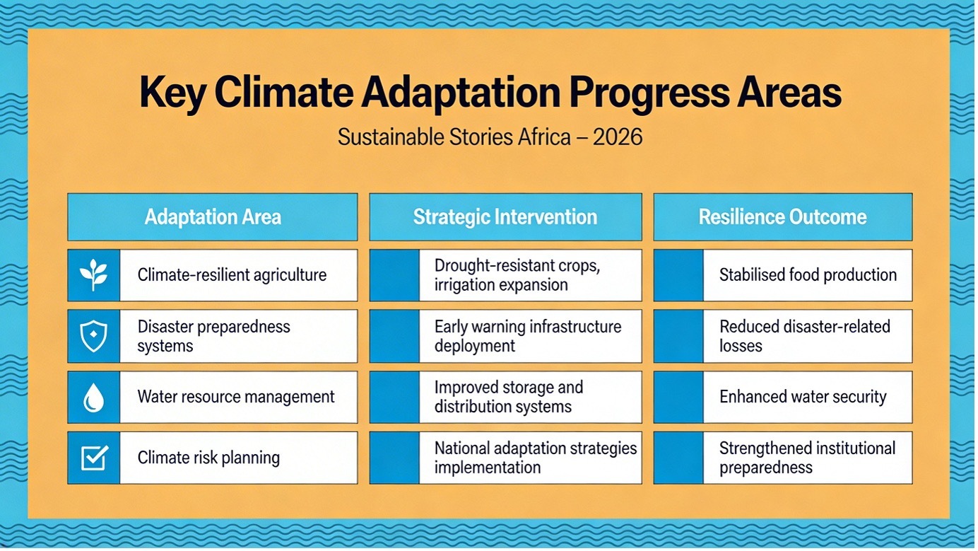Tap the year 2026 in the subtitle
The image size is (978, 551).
click(x=618, y=137)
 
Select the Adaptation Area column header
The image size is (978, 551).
click(x=213, y=217)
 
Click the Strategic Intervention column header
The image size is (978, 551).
click(x=505, y=217)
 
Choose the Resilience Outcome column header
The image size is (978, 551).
click(x=782, y=217)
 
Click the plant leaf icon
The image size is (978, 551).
click(x=93, y=275)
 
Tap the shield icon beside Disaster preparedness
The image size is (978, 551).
click(x=93, y=336)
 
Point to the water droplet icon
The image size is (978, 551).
click(x=93, y=398)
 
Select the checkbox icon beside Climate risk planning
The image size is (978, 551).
click(x=95, y=458)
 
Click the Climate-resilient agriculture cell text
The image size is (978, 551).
click(x=232, y=275)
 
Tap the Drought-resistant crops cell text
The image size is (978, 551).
click(x=517, y=275)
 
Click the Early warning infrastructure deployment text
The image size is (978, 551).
click(x=527, y=336)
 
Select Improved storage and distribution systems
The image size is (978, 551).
click(x=509, y=397)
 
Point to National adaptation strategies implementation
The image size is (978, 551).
click(x=535, y=458)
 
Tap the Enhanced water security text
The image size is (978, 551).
click(x=803, y=397)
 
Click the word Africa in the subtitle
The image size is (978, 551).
click(x=544, y=137)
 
